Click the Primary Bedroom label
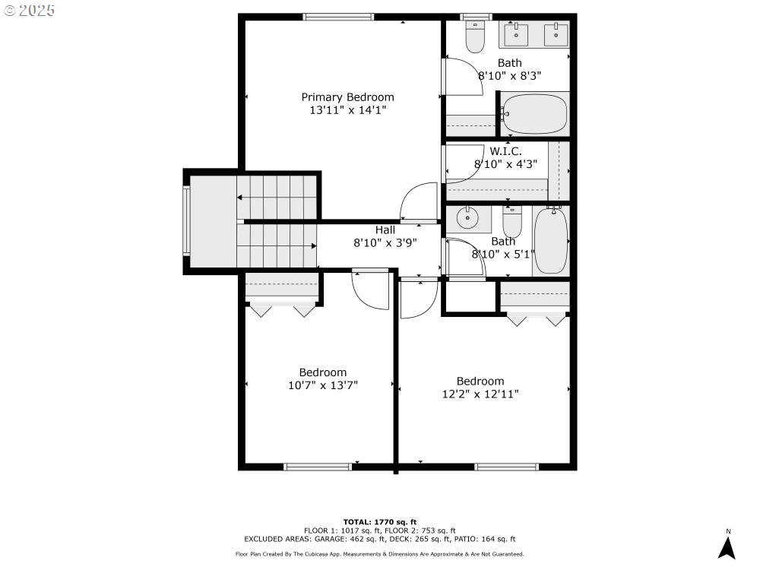coord(347,97)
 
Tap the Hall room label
coord(385,230)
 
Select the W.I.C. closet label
coord(505,151)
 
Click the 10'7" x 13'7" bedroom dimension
coord(323,385)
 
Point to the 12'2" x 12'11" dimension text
coord(480,394)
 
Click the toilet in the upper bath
coord(475,36)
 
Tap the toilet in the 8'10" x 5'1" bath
coord(511,222)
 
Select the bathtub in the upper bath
coord(534,115)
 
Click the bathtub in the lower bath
coord(550,241)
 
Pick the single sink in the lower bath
coord(467,219)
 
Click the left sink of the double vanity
coord(516,34)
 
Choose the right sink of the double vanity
coord(556,34)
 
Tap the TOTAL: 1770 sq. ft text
coord(380,522)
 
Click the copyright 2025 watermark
coord(29,10)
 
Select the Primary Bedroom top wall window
coord(338,17)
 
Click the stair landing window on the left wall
coord(186,220)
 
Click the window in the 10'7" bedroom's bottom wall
coord(318,467)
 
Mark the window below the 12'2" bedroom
coord(506,467)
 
